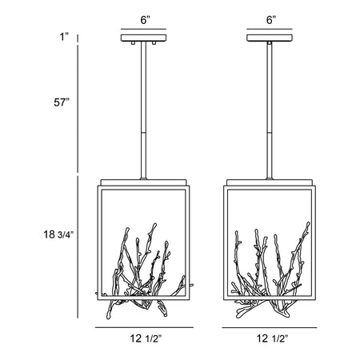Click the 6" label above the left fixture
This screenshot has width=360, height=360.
point(146,20)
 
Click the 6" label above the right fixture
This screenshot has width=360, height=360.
point(271,20)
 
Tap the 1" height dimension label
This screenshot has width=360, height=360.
point(64,37)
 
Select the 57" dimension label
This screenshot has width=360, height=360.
point(62,102)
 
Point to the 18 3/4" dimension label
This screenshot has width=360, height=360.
point(58,234)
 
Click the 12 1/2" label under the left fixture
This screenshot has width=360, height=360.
point(146,338)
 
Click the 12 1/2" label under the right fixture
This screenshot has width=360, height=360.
point(272,338)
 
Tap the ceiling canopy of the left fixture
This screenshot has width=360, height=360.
point(143,38)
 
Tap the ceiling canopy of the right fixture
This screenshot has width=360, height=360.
point(270,38)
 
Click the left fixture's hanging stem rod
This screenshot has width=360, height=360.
point(143,110)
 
